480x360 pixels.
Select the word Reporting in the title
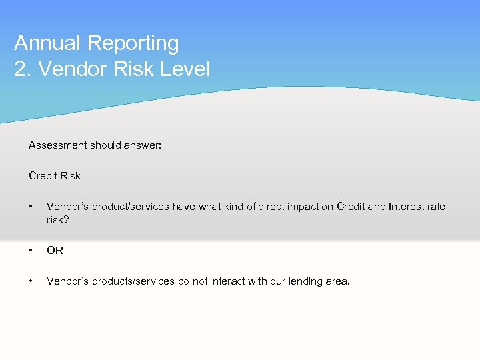(133, 43)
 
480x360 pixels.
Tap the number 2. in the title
(23, 69)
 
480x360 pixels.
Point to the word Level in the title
(184, 69)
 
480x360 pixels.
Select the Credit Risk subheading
(55, 176)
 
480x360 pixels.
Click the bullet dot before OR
(31, 251)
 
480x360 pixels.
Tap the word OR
(55, 251)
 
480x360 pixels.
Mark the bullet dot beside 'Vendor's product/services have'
(31, 207)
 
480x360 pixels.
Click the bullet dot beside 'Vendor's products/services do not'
(31, 281)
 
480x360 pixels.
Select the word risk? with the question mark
(58, 219)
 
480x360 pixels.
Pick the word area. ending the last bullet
(336, 281)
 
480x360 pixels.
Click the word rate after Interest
(437, 207)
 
